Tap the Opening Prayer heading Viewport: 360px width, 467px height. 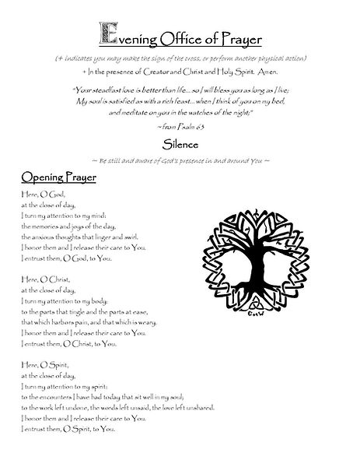tap(54, 177)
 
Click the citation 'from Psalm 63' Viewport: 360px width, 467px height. tap(180, 125)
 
